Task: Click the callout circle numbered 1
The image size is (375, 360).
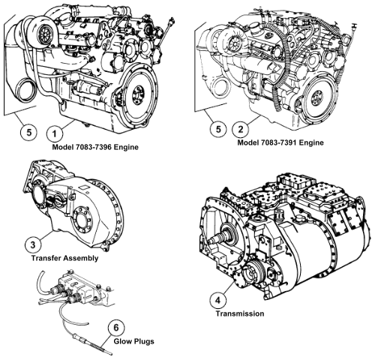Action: pyautogui.click(x=55, y=133)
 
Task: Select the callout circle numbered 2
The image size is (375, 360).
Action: pyautogui.click(x=241, y=129)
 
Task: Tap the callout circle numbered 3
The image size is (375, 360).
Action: pyautogui.click(x=33, y=244)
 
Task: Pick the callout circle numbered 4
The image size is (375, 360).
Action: pyautogui.click(x=218, y=300)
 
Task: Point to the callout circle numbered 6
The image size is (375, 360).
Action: pyautogui.click(x=116, y=327)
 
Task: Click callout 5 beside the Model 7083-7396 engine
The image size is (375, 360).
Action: pyautogui.click(x=29, y=132)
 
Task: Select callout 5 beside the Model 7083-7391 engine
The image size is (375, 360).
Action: pyautogui.click(x=218, y=129)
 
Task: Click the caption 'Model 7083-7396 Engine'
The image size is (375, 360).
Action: pyautogui.click(x=95, y=147)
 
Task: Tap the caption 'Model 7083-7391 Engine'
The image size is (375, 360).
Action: pyautogui.click(x=280, y=142)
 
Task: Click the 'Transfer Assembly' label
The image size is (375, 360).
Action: pyautogui.click(x=64, y=258)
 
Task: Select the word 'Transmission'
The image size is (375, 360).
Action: pyautogui.click(x=240, y=313)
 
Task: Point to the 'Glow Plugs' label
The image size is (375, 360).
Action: pyautogui.click(x=134, y=341)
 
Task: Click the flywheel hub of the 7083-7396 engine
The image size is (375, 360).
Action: pyautogui.click(x=138, y=94)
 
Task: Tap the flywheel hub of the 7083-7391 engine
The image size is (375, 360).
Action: pyautogui.click(x=317, y=97)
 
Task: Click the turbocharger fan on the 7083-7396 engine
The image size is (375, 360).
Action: pyautogui.click(x=46, y=33)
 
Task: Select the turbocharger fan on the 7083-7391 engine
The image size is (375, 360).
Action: pyautogui.click(x=235, y=44)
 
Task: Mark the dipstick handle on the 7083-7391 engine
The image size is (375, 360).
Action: pyautogui.click(x=354, y=25)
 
